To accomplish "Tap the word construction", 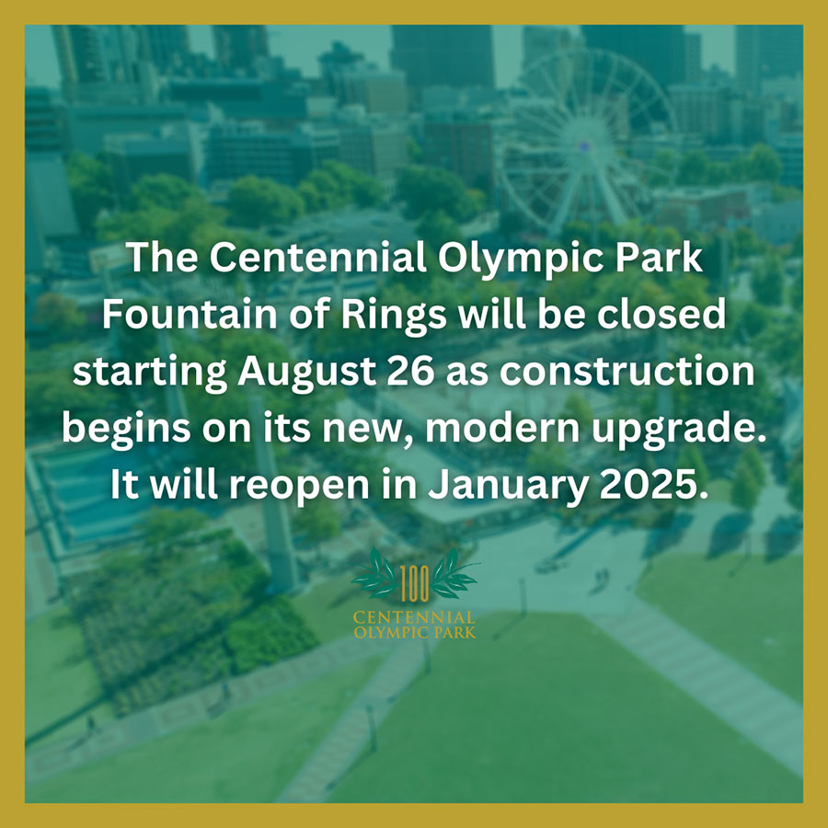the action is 627,373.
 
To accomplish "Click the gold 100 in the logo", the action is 415,583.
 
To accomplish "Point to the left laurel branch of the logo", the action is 376,573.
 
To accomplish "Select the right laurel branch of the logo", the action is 454,573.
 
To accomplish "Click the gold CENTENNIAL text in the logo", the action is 415,617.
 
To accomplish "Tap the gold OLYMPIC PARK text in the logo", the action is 415,632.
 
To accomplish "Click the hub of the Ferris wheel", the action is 583,144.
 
